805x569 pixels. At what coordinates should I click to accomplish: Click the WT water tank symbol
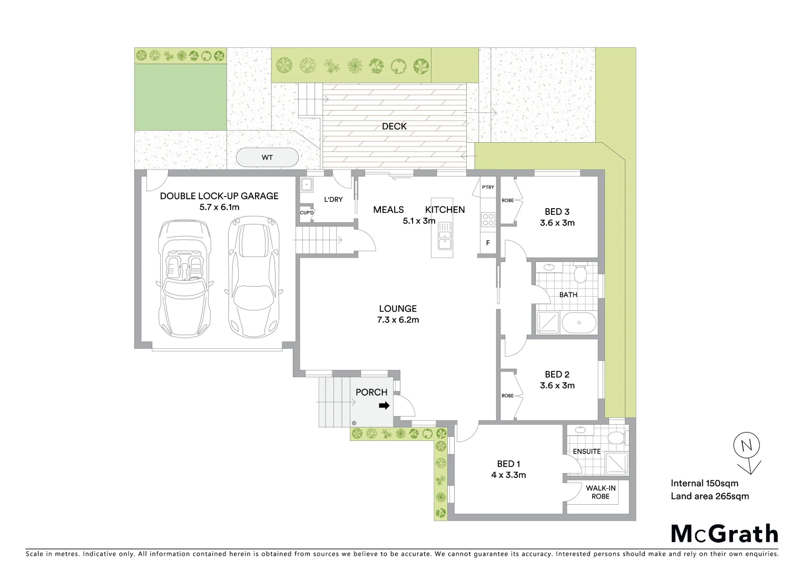[x=267, y=158]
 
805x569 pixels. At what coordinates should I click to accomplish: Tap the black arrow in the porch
[x=384, y=406]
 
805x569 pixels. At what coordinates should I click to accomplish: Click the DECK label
[x=394, y=126]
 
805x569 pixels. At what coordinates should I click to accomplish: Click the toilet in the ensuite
[x=614, y=437]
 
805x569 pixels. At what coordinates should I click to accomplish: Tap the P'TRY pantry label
[x=488, y=187]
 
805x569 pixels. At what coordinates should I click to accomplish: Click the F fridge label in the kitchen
[x=488, y=243]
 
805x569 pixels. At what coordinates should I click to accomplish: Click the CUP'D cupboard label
[x=307, y=213]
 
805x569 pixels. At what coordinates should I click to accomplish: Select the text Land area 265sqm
[x=709, y=496]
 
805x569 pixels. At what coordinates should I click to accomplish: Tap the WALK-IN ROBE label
[x=600, y=492]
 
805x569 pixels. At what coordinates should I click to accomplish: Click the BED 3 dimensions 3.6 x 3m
[x=557, y=223]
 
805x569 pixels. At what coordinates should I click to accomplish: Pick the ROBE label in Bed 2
[x=507, y=396]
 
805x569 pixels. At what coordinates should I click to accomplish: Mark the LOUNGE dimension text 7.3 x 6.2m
[x=398, y=320]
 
